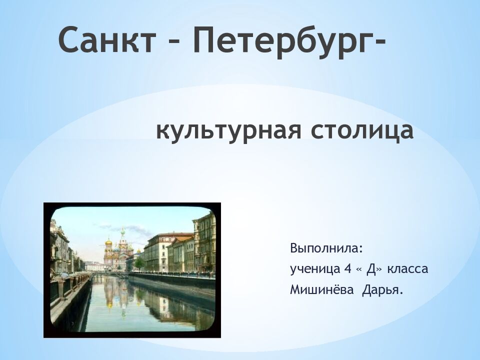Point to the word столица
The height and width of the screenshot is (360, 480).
coord(362,130)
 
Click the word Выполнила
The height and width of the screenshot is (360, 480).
coord(324,248)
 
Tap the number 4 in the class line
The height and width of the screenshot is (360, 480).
coord(347,269)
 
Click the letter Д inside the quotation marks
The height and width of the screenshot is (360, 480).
coord(370,269)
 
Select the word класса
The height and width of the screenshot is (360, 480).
coord(407,269)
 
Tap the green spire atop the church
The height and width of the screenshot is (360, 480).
coord(123,231)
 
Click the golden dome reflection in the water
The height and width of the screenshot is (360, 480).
coord(109,305)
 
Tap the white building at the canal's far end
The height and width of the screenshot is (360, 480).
coord(94,266)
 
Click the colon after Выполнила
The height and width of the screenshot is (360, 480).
coord(361,249)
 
